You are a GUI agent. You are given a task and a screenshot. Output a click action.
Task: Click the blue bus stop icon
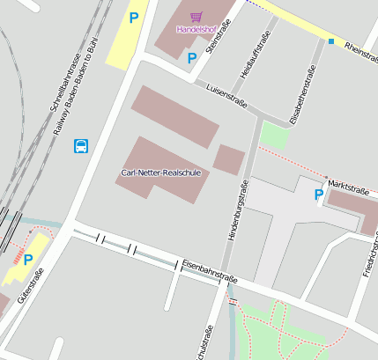pyautogui.click(x=81, y=145)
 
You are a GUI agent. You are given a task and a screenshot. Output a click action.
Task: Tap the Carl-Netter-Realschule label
pyautogui.click(x=161, y=173)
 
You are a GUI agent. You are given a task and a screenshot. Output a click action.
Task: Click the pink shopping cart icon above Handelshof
pyautogui.click(x=196, y=16)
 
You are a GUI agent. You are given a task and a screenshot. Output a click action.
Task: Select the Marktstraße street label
pyautogui.click(x=347, y=187)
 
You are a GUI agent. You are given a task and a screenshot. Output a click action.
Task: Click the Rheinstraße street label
pyautogui.click(x=360, y=51)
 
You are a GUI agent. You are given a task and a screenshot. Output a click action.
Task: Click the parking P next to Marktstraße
pyautogui.click(x=318, y=195)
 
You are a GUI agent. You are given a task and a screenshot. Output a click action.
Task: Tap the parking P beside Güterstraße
pyautogui.click(x=27, y=260)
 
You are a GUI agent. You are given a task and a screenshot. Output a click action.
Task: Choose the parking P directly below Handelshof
pyautogui.click(x=191, y=58)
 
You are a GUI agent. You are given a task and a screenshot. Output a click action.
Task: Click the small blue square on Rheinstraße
pyautogui.click(x=331, y=40)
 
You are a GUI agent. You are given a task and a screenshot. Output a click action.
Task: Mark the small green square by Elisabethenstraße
pyautogui.click(x=275, y=135)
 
